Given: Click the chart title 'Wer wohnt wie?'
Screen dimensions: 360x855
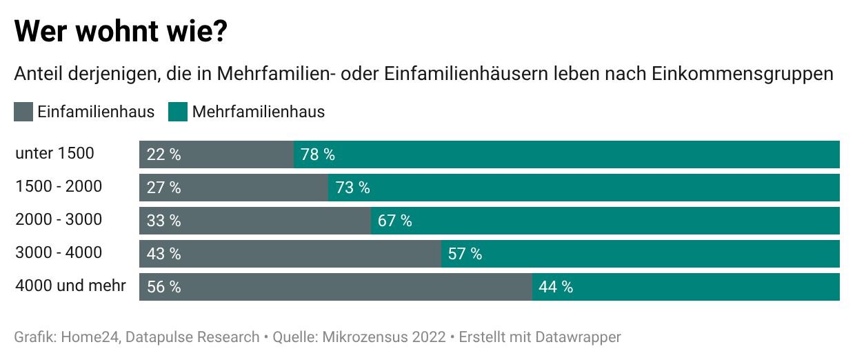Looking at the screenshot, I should (x=121, y=32).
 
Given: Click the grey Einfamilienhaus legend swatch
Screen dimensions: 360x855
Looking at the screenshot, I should (x=23, y=112).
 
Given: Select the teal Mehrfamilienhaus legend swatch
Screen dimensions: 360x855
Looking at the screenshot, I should (x=178, y=112).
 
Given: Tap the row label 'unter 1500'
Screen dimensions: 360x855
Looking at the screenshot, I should (x=54, y=153).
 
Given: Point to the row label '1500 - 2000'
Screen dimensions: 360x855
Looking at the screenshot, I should (x=59, y=186).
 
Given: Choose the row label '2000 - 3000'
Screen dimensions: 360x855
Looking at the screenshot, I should (x=59, y=219).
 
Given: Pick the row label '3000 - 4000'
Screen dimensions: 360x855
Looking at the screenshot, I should (x=59, y=252).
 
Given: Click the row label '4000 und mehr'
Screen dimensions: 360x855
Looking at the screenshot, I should (x=70, y=286).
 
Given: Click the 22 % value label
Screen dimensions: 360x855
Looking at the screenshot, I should (x=164, y=154).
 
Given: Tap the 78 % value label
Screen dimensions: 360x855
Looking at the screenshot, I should (x=318, y=154).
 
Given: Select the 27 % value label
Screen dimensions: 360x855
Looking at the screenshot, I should (x=164, y=188).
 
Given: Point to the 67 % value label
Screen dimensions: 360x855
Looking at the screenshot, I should (x=395, y=221).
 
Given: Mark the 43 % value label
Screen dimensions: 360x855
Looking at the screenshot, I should (x=164, y=254).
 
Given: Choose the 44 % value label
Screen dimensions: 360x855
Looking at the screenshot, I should (x=556, y=287).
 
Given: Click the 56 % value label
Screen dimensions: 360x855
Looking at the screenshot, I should (x=164, y=287).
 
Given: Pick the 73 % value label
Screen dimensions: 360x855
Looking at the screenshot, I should (x=352, y=188).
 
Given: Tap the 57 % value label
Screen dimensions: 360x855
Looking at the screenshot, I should (x=465, y=254).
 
